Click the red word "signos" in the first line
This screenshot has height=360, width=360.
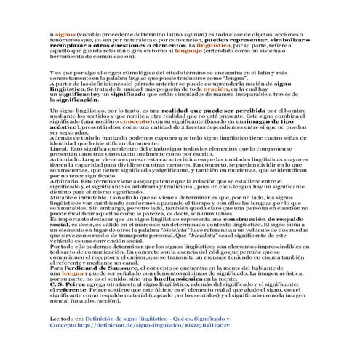point(64,34)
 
